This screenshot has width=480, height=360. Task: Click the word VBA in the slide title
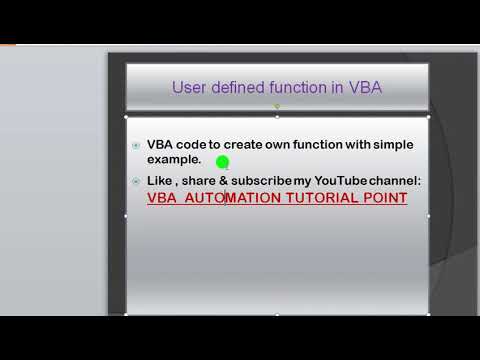click(365, 88)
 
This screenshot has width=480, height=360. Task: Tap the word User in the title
click(190, 88)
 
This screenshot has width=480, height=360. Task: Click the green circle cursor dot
click(222, 162)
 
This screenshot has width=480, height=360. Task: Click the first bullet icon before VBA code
click(136, 146)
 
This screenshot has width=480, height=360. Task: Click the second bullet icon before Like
click(136, 181)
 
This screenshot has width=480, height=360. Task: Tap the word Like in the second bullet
click(160, 180)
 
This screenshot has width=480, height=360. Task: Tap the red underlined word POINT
click(384, 198)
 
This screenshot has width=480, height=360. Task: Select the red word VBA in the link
click(162, 198)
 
